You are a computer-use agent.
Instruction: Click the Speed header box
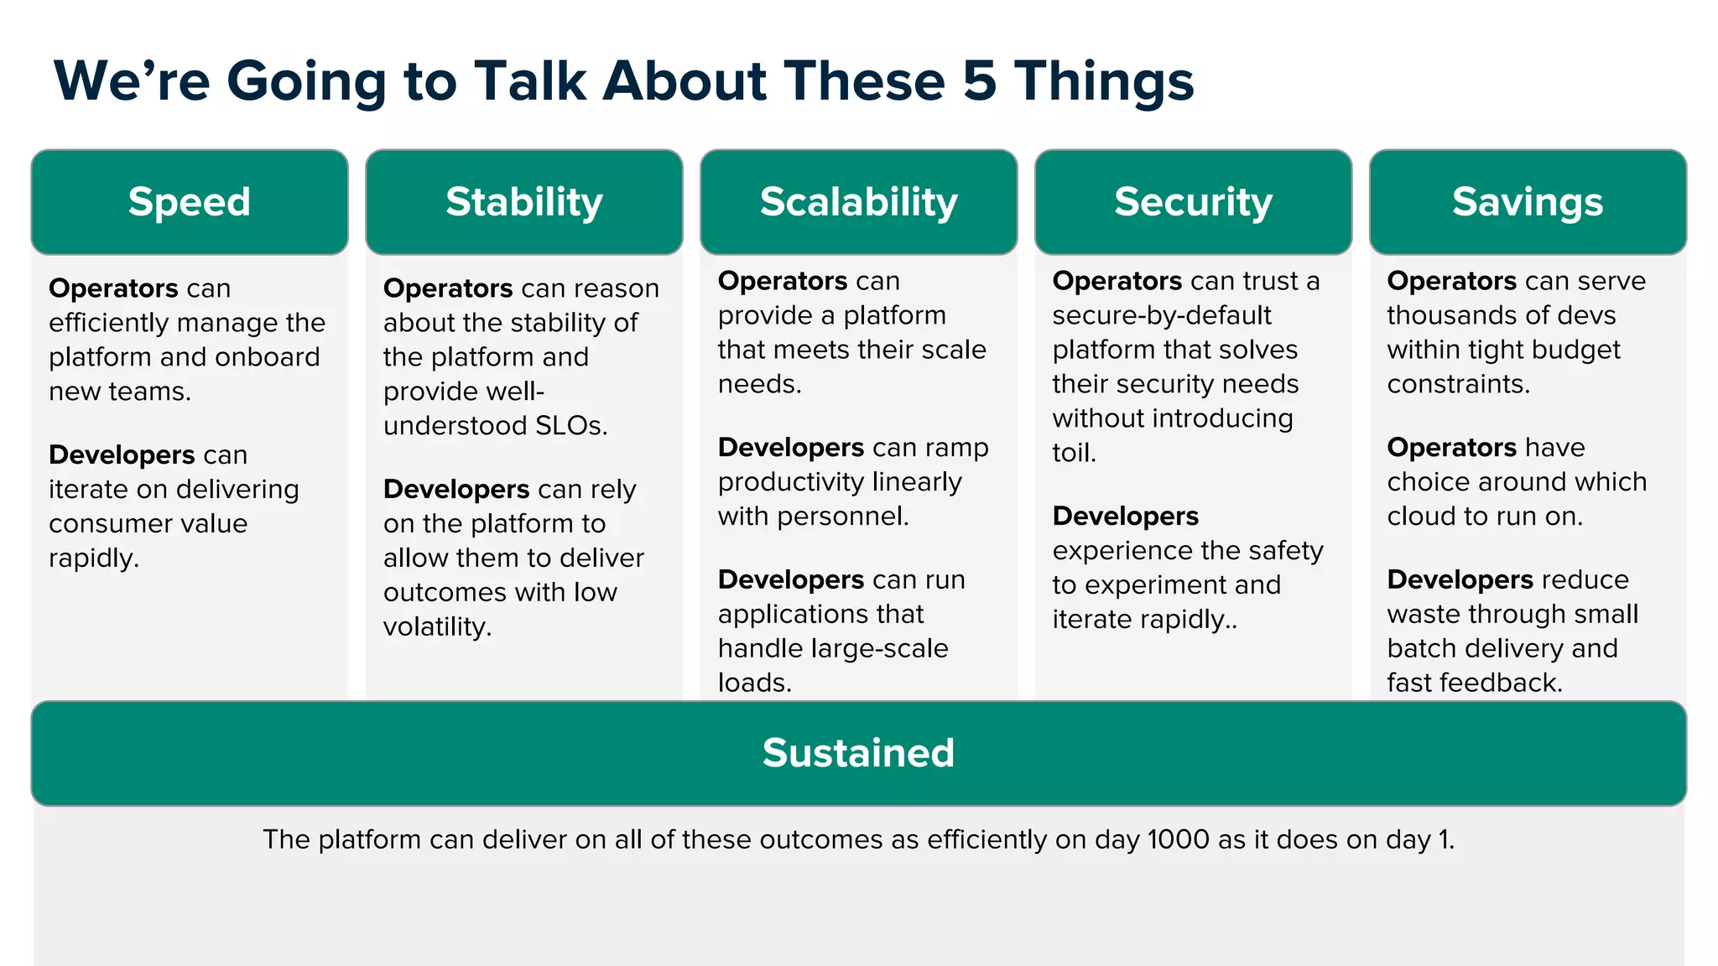tap(190, 202)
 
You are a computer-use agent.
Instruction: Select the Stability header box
tap(524, 202)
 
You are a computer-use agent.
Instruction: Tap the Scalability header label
tap(858, 202)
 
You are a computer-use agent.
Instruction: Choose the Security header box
tap(1193, 202)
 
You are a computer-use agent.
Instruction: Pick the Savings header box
tap(1528, 202)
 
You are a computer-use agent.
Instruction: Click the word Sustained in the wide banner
tap(858, 753)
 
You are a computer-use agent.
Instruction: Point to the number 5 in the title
tap(980, 82)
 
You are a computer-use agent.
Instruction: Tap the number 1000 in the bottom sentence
tap(1179, 839)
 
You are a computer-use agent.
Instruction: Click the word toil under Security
tap(1073, 453)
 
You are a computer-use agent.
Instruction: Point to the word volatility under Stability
tap(437, 627)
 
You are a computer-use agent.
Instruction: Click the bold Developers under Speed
tap(122, 454)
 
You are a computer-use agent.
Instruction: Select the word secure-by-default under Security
tap(1162, 315)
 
